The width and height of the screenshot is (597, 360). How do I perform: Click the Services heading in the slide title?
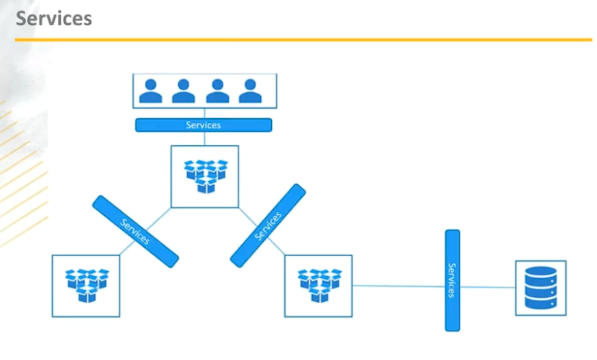coord(53,18)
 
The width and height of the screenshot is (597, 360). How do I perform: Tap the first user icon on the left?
coord(150,91)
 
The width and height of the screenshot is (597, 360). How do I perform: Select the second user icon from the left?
coord(183,91)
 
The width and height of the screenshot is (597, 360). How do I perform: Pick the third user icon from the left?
coord(217,91)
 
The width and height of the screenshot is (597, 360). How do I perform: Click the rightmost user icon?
coord(250,91)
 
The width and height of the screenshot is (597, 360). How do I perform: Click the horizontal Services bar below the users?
coord(204,125)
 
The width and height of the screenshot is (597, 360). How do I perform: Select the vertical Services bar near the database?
coord(452,280)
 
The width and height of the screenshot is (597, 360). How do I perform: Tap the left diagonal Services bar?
coord(135,231)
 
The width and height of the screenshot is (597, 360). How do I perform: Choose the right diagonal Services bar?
coord(268,225)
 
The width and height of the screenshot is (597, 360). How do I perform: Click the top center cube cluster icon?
coord(205,176)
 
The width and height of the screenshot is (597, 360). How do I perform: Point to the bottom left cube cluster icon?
coord(86,286)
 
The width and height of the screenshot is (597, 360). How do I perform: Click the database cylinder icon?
coord(540,288)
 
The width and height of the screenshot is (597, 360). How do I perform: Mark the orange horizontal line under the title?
coord(303,40)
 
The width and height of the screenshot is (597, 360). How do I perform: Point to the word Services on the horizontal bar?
coord(204,125)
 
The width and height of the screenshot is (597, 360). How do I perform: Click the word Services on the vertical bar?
coord(452,280)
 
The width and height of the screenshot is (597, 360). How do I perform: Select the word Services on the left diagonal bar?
coord(135,231)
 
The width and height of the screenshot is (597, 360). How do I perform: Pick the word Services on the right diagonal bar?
coord(268,225)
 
